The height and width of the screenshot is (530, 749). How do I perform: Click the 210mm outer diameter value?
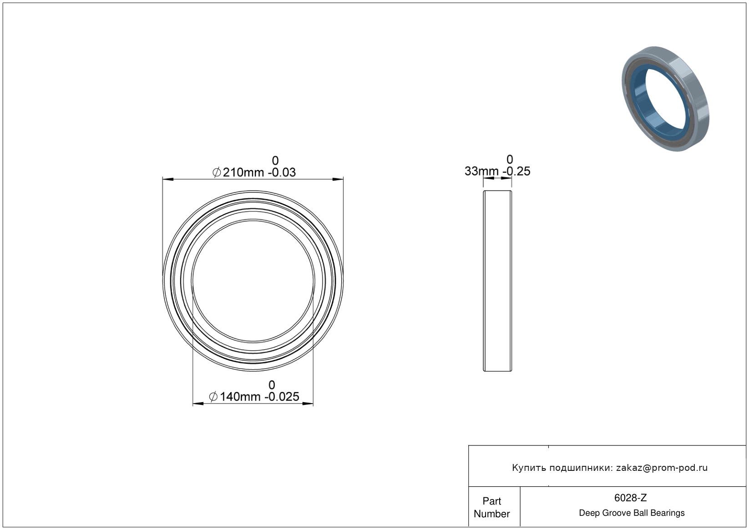(x=243, y=172)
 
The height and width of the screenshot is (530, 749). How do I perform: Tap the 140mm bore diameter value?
(x=240, y=397)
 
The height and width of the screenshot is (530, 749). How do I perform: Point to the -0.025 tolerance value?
(x=282, y=397)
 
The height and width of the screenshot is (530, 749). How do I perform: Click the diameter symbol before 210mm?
(x=217, y=172)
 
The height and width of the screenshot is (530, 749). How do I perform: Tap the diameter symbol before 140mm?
(x=213, y=397)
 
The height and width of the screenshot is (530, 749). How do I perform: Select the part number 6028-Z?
(x=630, y=498)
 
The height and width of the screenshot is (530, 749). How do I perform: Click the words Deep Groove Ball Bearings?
(x=632, y=513)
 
